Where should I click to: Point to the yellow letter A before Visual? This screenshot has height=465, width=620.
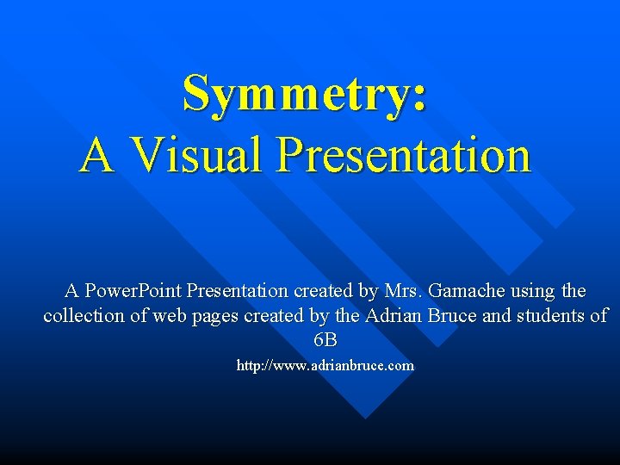click(x=96, y=155)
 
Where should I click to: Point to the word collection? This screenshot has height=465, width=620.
click(x=84, y=316)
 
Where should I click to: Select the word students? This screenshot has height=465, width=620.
click(x=552, y=316)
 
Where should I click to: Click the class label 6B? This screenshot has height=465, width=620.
click(x=325, y=340)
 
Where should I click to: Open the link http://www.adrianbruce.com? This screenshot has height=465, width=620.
click(x=325, y=366)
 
